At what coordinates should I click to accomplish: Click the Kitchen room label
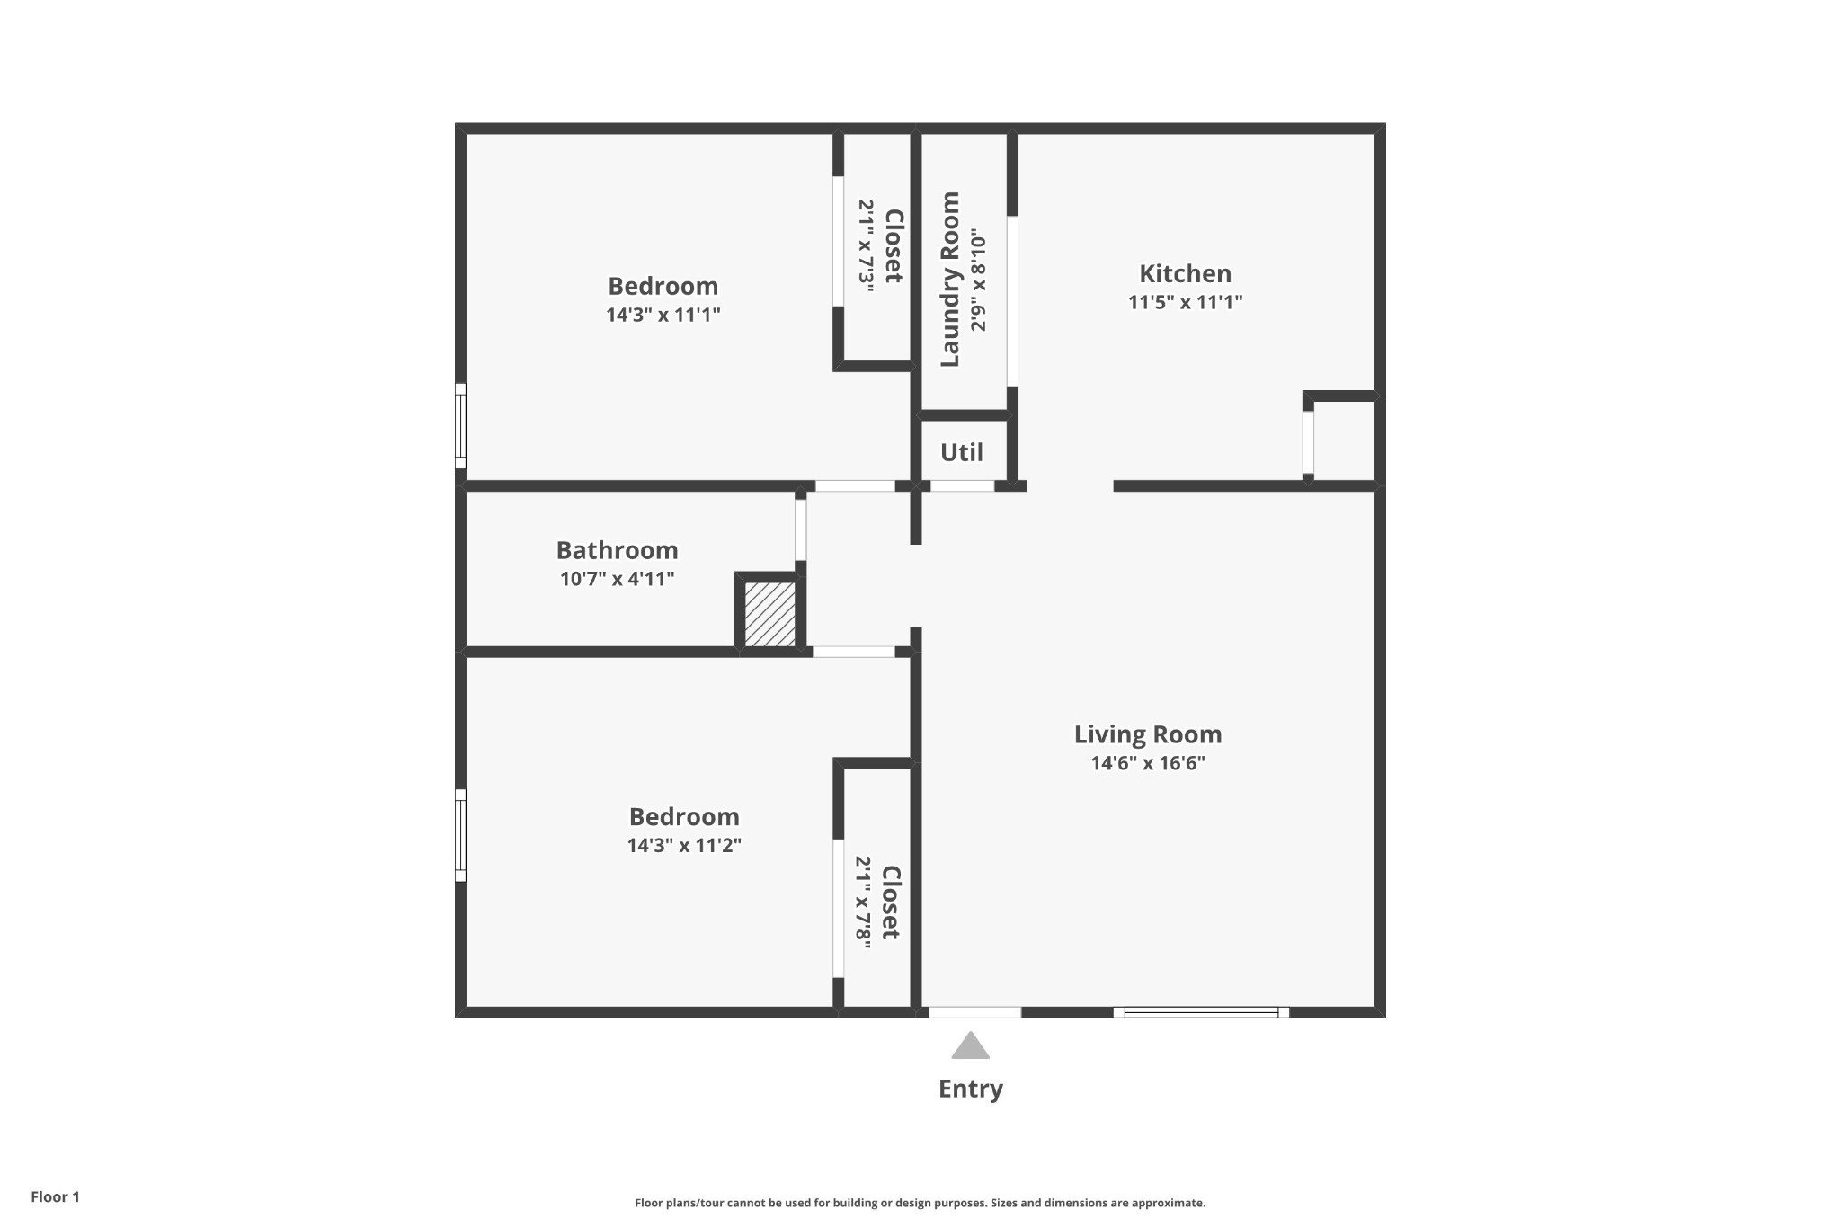coord(1185,273)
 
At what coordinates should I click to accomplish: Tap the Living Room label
coord(1148,735)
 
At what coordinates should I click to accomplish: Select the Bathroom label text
coord(617,550)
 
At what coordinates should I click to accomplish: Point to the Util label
coord(962,452)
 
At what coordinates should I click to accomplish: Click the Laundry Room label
coord(950,279)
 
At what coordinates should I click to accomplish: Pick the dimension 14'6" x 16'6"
coord(1148,764)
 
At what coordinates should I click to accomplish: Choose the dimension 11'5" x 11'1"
coord(1185,302)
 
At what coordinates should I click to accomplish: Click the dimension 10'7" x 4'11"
coord(617,579)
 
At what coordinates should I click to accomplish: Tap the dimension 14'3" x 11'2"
coord(684,846)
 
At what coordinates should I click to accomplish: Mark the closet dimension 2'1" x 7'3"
coord(867,242)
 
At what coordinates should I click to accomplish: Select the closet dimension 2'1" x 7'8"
coord(863,902)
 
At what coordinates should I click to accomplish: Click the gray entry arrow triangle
coord(971,1045)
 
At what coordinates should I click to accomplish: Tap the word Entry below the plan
coord(971,1089)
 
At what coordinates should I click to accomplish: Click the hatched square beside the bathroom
coord(770,614)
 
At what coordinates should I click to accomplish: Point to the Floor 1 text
coord(55,1197)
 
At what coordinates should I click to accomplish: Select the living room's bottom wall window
coord(1201,1012)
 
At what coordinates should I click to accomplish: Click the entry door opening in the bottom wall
coord(974,1012)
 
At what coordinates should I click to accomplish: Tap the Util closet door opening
coord(962,486)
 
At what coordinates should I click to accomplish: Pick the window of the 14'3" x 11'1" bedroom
coord(460,426)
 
